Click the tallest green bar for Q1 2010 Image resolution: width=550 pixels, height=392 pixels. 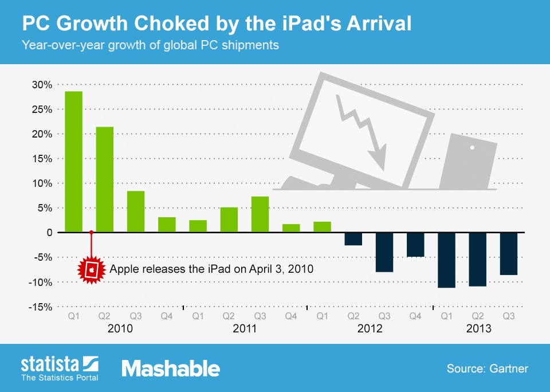pos(73,162)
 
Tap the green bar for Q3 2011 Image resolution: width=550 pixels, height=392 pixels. pos(260,214)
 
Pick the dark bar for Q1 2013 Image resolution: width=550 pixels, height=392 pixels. pos(446,260)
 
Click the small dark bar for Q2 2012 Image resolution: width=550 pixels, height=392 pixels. pos(353,239)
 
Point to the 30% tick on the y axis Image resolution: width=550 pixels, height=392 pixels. pos(42,85)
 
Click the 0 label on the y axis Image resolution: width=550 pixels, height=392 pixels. pos(49,233)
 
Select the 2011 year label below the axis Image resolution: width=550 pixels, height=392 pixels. pos(244,330)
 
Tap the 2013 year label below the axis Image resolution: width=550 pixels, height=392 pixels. pos(478,330)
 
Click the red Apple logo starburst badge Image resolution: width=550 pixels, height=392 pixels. pos(92,269)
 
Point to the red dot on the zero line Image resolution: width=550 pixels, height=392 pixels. pos(92,233)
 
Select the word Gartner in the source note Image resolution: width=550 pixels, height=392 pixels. pos(509,368)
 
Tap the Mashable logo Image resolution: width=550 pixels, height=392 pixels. pos(170,368)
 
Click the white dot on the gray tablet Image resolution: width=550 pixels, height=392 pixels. pos(473,148)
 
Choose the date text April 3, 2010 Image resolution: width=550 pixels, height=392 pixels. pos(277,269)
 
